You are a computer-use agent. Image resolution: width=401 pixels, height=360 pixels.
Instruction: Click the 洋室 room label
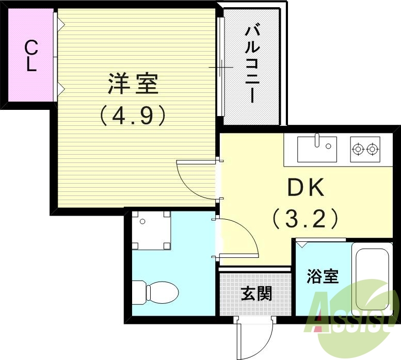pyautogui.click(x=133, y=84)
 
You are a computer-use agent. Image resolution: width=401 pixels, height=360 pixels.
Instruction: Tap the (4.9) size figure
pyautogui.click(x=133, y=115)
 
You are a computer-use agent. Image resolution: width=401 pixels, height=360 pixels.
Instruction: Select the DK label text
pyautogui.click(x=306, y=189)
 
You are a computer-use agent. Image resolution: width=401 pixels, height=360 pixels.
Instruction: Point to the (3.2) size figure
pyautogui.click(x=306, y=219)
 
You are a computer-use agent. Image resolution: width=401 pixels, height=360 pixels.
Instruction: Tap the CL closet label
pyautogui.click(x=31, y=56)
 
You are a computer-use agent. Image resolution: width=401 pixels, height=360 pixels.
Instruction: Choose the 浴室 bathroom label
pyautogui.click(x=323, y=277)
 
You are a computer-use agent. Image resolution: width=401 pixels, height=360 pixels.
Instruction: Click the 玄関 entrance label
pyautogui.click(x=256, y=293)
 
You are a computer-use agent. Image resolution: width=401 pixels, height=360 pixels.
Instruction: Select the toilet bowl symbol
pyautogui.click(x=155, y=292)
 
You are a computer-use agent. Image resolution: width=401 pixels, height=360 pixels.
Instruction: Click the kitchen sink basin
pyautogui.click(x=317, y=149)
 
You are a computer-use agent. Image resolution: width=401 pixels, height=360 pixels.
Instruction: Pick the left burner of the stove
pyautogui.click(x=357, y=150)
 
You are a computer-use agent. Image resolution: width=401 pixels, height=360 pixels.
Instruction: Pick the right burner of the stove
pyautogui.click(x=373, y=150)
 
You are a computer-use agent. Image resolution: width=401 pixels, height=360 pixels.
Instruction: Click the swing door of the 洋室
pyautogui.click(x=196, y=178)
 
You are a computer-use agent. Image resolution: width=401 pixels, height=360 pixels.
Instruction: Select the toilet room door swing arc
pyautogui.click(x=237, y=237)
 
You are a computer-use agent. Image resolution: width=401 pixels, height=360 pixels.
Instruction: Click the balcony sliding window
pyautogui.click(x=221, y=67)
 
